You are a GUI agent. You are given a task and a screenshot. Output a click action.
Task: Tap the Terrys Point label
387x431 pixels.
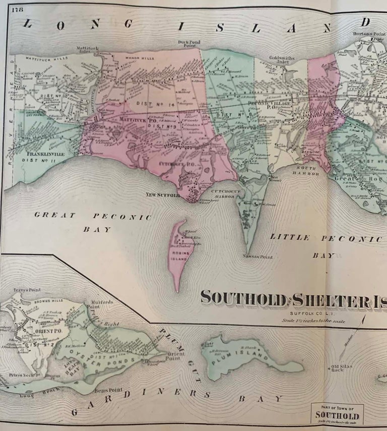(x=28, y=290)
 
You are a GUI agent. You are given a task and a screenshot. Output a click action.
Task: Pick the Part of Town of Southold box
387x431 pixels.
(x=337, y=413)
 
